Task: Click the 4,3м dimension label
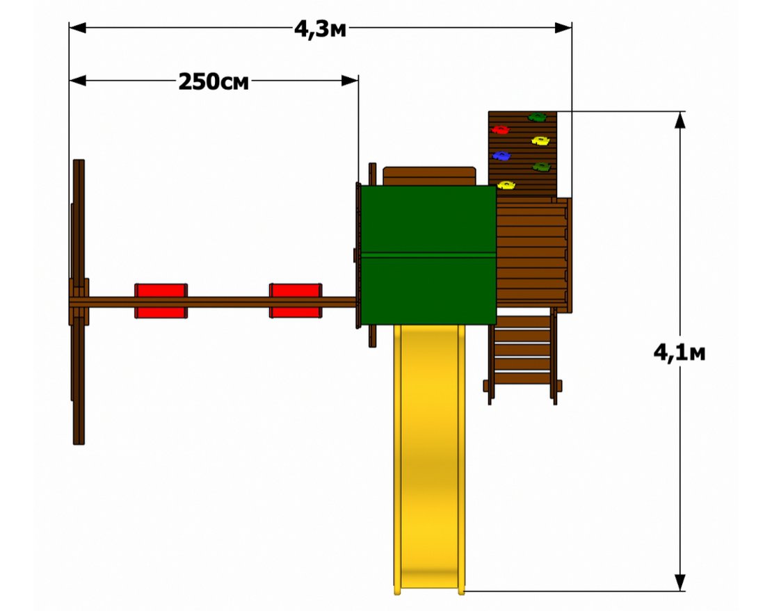[320, 29]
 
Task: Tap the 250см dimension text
[214, 81]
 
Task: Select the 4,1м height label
[679, 352]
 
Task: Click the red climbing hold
[501, 130]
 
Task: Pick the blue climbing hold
[501, 156]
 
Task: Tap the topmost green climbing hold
[537, 117]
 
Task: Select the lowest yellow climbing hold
[506, 185]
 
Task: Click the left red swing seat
[161, 300]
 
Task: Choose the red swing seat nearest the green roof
[296, 300]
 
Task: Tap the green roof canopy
[428, 255]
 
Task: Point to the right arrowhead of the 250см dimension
[350, 80]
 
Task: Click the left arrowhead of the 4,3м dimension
[78, 28]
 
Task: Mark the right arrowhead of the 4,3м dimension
[563, 28]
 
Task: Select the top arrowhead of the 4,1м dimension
[680, 120]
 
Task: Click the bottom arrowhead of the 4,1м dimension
[680, 583]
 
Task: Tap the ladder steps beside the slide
[522, 357]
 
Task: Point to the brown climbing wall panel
[522, 154]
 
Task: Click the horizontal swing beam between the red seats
[228, 302]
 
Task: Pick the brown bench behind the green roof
[429, 176]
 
